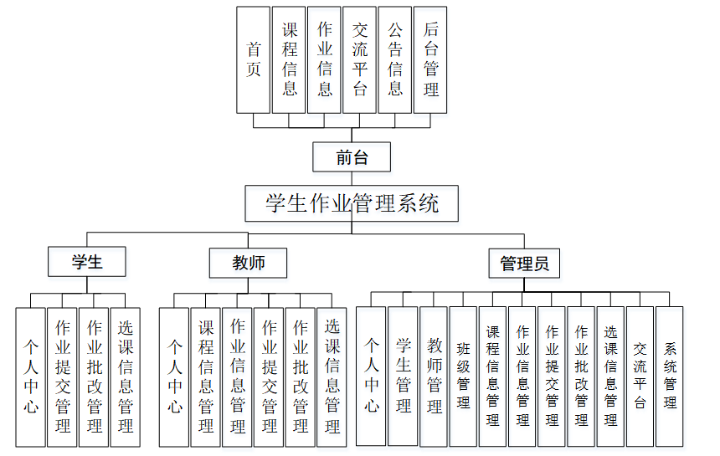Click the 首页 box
(253, 59)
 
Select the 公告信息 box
(395, 59)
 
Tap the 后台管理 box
(431, 59)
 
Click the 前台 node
(352, 156)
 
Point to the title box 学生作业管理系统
(352, 203)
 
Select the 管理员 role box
(524, 264)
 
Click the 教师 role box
(248, 263)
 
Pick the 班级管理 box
(463, 376)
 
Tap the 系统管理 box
(669, 376)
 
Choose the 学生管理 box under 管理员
(403, 376)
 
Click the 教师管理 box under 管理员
(434, 376)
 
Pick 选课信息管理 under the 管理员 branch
(610, 376)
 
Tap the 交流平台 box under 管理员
(640, 376)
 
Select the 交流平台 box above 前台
(359, 59)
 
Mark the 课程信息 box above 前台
(289, 59)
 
